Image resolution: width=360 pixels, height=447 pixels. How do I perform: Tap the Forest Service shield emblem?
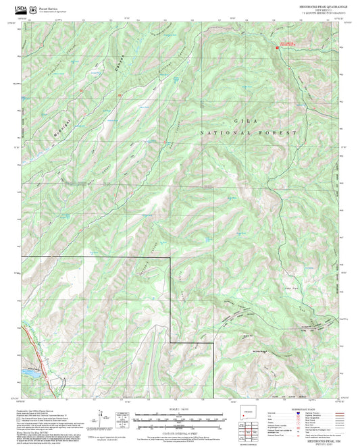37,9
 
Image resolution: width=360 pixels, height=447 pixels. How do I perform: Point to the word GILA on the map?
237,120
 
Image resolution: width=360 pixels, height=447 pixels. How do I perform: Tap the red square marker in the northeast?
276,47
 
